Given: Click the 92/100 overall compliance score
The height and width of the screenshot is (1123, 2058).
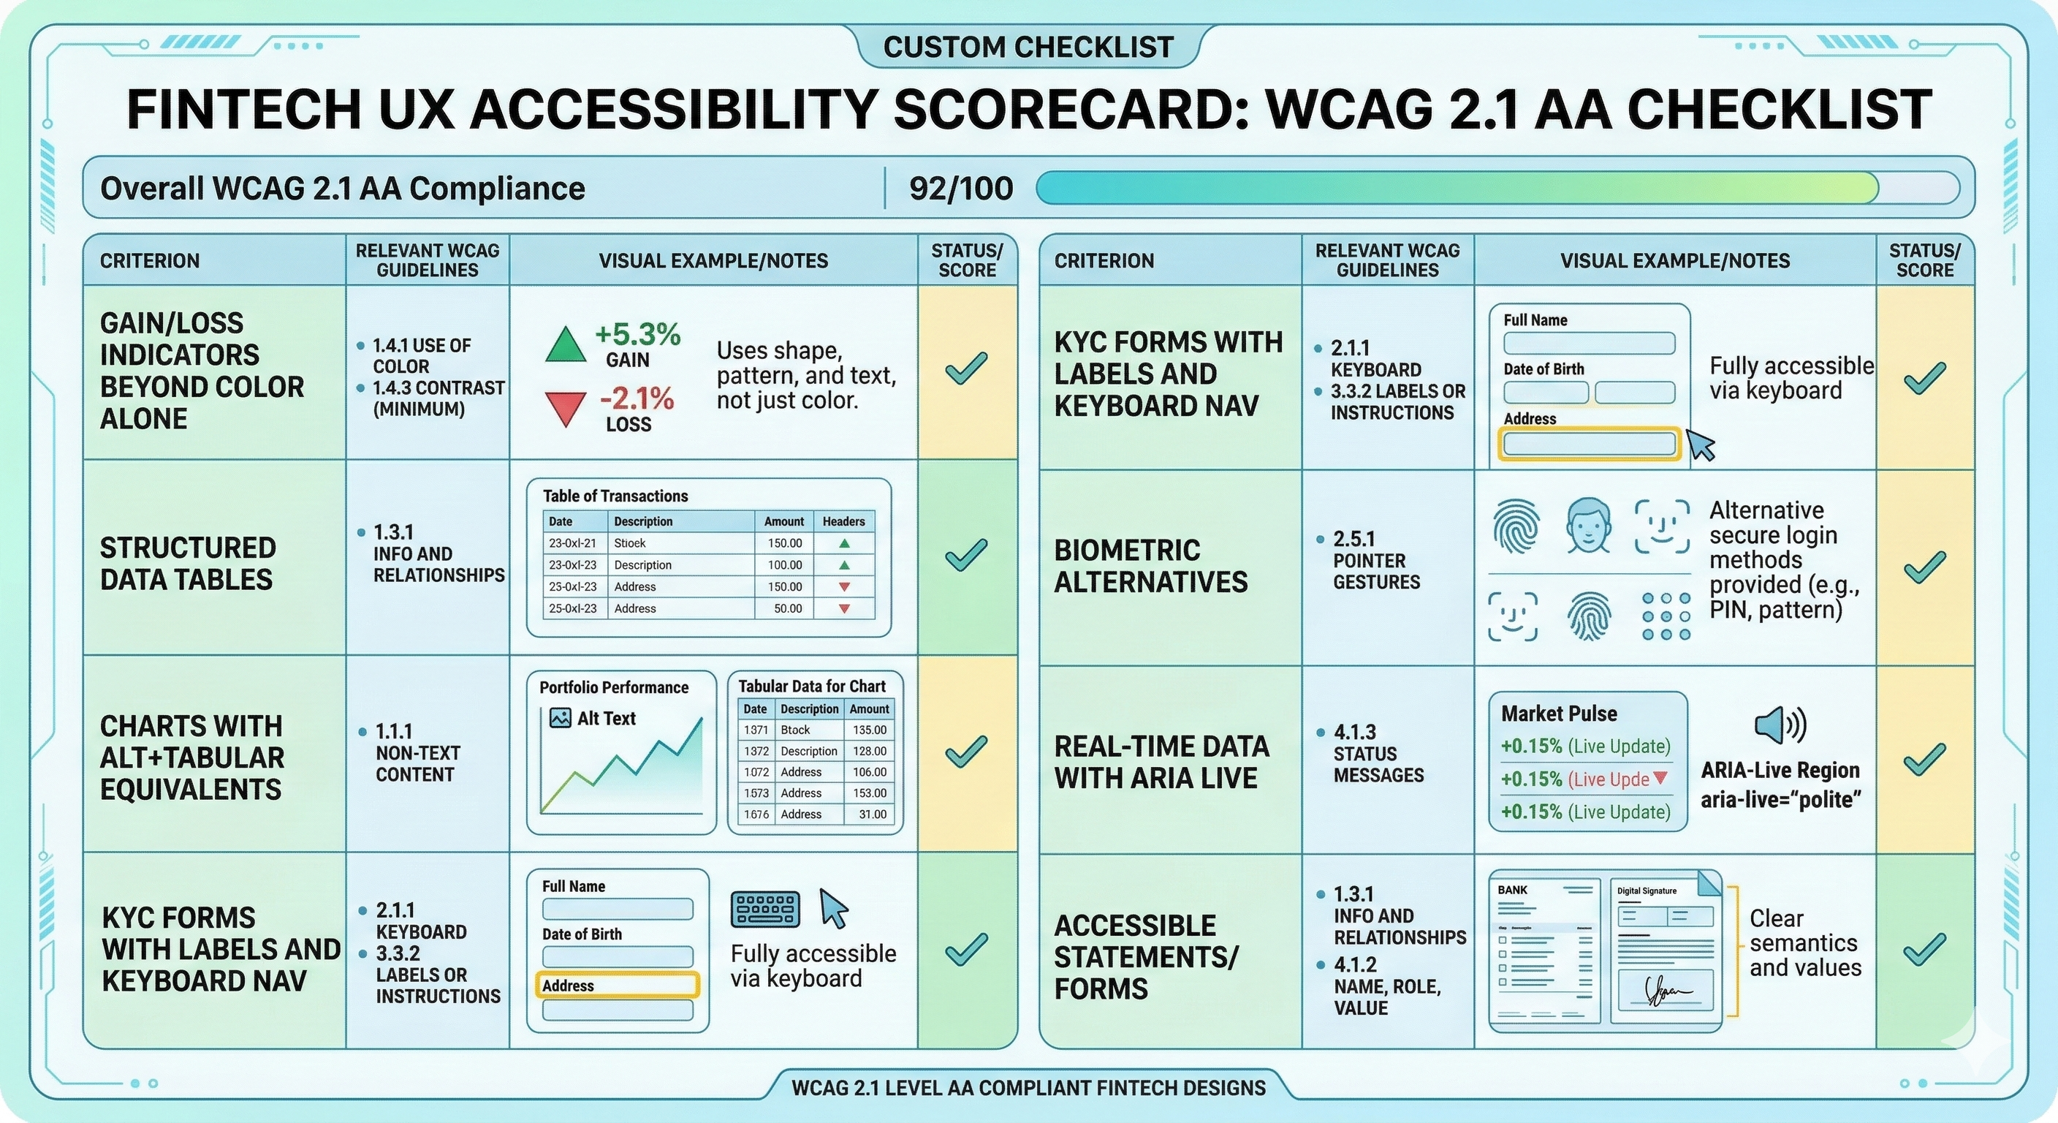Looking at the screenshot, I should (960, 189).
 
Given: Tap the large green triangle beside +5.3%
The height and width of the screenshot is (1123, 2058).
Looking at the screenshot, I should (565, 345).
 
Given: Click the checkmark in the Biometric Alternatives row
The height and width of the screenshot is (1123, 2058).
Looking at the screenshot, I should (1924, 567).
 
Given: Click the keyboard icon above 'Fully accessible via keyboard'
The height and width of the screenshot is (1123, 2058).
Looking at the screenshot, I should (764, 910).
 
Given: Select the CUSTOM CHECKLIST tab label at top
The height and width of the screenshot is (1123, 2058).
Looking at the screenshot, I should (1028, 48).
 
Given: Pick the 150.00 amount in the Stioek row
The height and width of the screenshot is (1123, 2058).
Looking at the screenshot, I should (784, 543).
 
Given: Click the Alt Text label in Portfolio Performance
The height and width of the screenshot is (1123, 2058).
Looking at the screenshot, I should (606, 719).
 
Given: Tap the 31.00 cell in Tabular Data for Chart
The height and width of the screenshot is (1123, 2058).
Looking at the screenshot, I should (873, 814).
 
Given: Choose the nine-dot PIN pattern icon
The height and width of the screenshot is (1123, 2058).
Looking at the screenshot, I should (1666, 616).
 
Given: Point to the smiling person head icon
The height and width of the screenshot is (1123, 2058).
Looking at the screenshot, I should (1587, 525).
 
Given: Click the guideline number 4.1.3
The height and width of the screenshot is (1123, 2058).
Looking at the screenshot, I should (1355, 732).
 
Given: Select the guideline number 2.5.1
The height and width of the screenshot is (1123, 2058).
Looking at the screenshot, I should (1353, 539).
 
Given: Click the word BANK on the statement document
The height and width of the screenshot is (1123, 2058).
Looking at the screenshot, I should (1512, 891).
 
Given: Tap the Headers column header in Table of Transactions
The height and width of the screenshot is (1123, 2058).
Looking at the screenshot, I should (843, 522).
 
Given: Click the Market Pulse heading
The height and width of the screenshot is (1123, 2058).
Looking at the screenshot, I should (1559, 714).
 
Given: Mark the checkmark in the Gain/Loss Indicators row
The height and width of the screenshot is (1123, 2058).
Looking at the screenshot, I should (966, 368).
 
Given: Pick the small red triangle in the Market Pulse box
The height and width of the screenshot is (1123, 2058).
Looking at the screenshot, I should (1660, 778).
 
